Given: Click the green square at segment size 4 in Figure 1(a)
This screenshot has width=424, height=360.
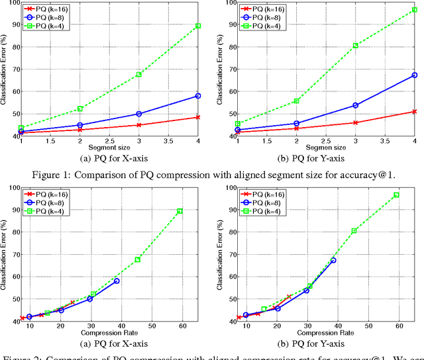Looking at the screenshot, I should click(198, 26).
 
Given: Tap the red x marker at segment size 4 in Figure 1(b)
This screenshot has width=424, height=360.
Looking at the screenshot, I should click(414, 112).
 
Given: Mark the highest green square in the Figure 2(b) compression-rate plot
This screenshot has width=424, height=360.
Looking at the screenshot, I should click(396, 195).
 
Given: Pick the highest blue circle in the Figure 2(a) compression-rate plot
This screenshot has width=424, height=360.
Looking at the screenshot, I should click(117, 281).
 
